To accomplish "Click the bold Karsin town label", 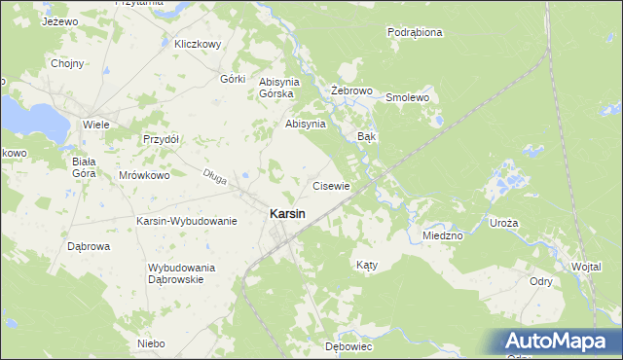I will click(286, 213).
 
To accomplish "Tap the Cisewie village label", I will click(331, 185).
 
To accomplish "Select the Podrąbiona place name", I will click(415, 32).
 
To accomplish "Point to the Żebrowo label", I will click(352, 90).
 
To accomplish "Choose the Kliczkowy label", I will click(199, 44).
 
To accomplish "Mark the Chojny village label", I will click(67, 64).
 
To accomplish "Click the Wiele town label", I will click(95, 125).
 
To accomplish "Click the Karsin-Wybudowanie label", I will click(187, 221).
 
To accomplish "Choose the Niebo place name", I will click(151, 343).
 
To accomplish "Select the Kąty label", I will click(366, 265).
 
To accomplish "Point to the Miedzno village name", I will click(443, 235).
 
